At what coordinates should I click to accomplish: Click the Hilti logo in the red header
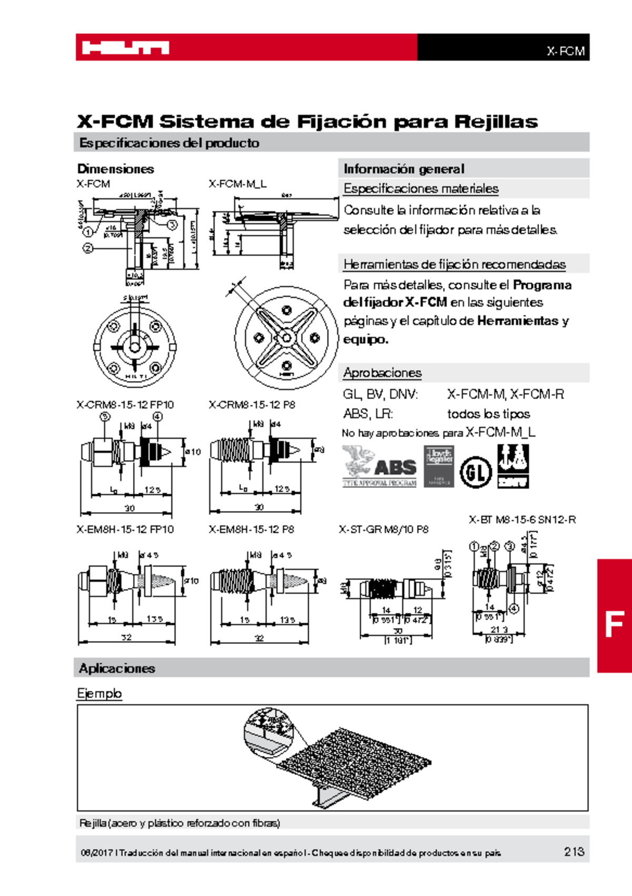[x=125, y=48]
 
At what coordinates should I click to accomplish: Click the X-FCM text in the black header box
[x=565, y=51]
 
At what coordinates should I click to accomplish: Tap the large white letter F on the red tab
[x=614, y=624]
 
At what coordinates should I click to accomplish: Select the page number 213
[x=574, y=851]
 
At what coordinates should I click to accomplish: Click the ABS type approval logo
[x=379, y=466]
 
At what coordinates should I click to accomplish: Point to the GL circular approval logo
[x=476, y=472]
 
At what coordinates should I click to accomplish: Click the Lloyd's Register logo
[x=439, y=466]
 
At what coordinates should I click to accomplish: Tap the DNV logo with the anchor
[x=512, y=466]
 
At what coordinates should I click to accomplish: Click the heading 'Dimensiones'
[x=115, y=169]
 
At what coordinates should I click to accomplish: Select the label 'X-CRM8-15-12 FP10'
[x=125, y=405]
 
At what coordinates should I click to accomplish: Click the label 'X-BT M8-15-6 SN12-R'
[x=522, y=520]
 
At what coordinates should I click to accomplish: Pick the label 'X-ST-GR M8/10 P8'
[x=383, y=530]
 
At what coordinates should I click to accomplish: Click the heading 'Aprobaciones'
[x=382, y=373]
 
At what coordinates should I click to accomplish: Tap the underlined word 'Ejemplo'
[x=99, y=693]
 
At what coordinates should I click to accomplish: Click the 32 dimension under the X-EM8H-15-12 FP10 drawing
[x=126, y=637]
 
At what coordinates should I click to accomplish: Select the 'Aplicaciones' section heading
[x=117, y=668]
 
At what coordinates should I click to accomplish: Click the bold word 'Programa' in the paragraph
[x=542, y=285]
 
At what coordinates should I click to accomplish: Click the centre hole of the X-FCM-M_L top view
[x=287, y=337]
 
